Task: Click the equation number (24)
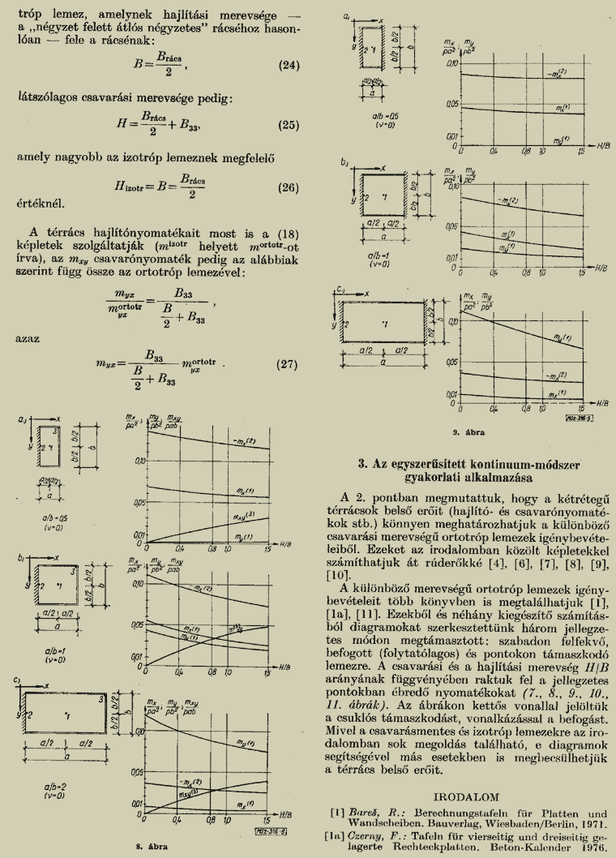pos(289,65)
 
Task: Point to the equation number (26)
pos(289,187)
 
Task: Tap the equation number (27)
pos(289,363)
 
